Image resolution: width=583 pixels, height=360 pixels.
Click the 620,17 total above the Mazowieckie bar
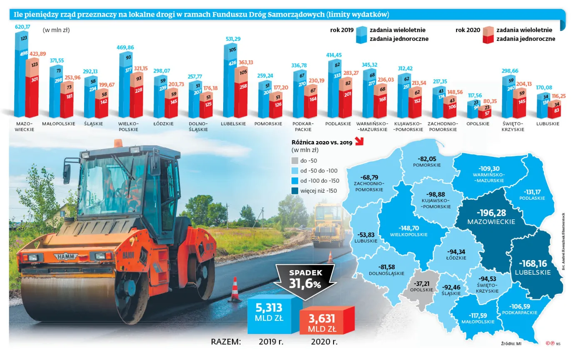22,27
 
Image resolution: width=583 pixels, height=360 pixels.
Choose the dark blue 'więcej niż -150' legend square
295,191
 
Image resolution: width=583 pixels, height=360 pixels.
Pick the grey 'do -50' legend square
295,160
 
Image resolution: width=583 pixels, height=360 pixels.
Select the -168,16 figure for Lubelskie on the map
533,263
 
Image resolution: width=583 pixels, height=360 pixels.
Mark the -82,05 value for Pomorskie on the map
427,159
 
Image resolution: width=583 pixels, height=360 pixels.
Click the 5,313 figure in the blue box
269,308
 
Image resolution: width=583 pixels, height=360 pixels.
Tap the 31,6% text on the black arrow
306,285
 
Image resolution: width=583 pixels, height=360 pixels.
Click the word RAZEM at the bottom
226,342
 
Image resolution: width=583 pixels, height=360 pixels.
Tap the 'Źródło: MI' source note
511,343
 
